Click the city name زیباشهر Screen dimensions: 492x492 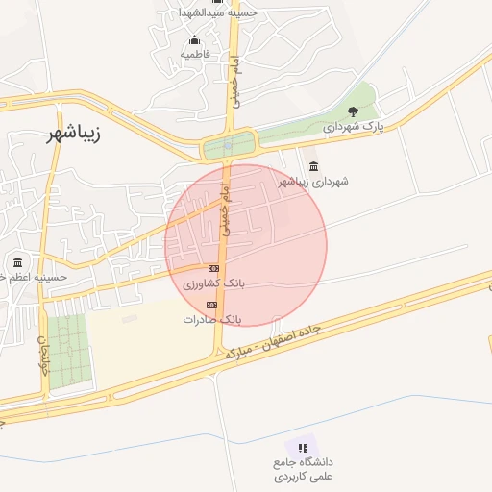pos(73,134)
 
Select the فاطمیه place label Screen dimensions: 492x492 pos(195,55)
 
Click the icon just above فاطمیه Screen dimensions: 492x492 pos(195,40)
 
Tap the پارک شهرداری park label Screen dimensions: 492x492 pos(353,127)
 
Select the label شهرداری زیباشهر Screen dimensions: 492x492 pos(313,181)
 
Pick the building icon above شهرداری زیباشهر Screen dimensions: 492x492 pos(313,166)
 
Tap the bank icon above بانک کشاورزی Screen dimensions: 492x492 pos(213,268)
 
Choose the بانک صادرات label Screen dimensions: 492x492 pos(211,318)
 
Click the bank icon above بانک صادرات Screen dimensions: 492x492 pos(211,305)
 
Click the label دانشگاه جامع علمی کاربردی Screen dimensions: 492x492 pos(302,469)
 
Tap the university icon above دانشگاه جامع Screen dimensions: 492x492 pos(303,448)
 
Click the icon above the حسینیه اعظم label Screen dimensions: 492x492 pos(17,262)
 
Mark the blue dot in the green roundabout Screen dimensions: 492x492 pos(228,147)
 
